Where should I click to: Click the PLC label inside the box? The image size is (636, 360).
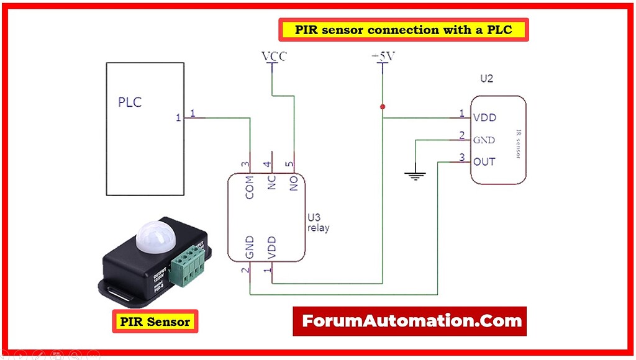[130, 102]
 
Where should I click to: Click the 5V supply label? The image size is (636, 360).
[383, 57]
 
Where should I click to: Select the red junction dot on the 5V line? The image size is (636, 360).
[383, 107]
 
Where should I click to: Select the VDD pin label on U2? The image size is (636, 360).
[484, 117]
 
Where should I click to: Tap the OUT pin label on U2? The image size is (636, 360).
[484, 161]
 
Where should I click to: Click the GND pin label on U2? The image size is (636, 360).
[484, 140]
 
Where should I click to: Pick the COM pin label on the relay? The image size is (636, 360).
[250, 187]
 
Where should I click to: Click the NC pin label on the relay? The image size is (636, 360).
[271, 183]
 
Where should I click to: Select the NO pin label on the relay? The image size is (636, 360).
[294, 183]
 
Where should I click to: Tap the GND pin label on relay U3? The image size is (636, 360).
[250, 248]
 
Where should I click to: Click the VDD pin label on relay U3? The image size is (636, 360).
[271, 248]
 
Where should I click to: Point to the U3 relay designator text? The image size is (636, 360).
[318, 223]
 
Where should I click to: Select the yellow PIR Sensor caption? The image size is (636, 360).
[155, 322]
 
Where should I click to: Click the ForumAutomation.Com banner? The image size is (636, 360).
[411, 321]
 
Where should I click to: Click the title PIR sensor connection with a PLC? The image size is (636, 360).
[404, 29]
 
